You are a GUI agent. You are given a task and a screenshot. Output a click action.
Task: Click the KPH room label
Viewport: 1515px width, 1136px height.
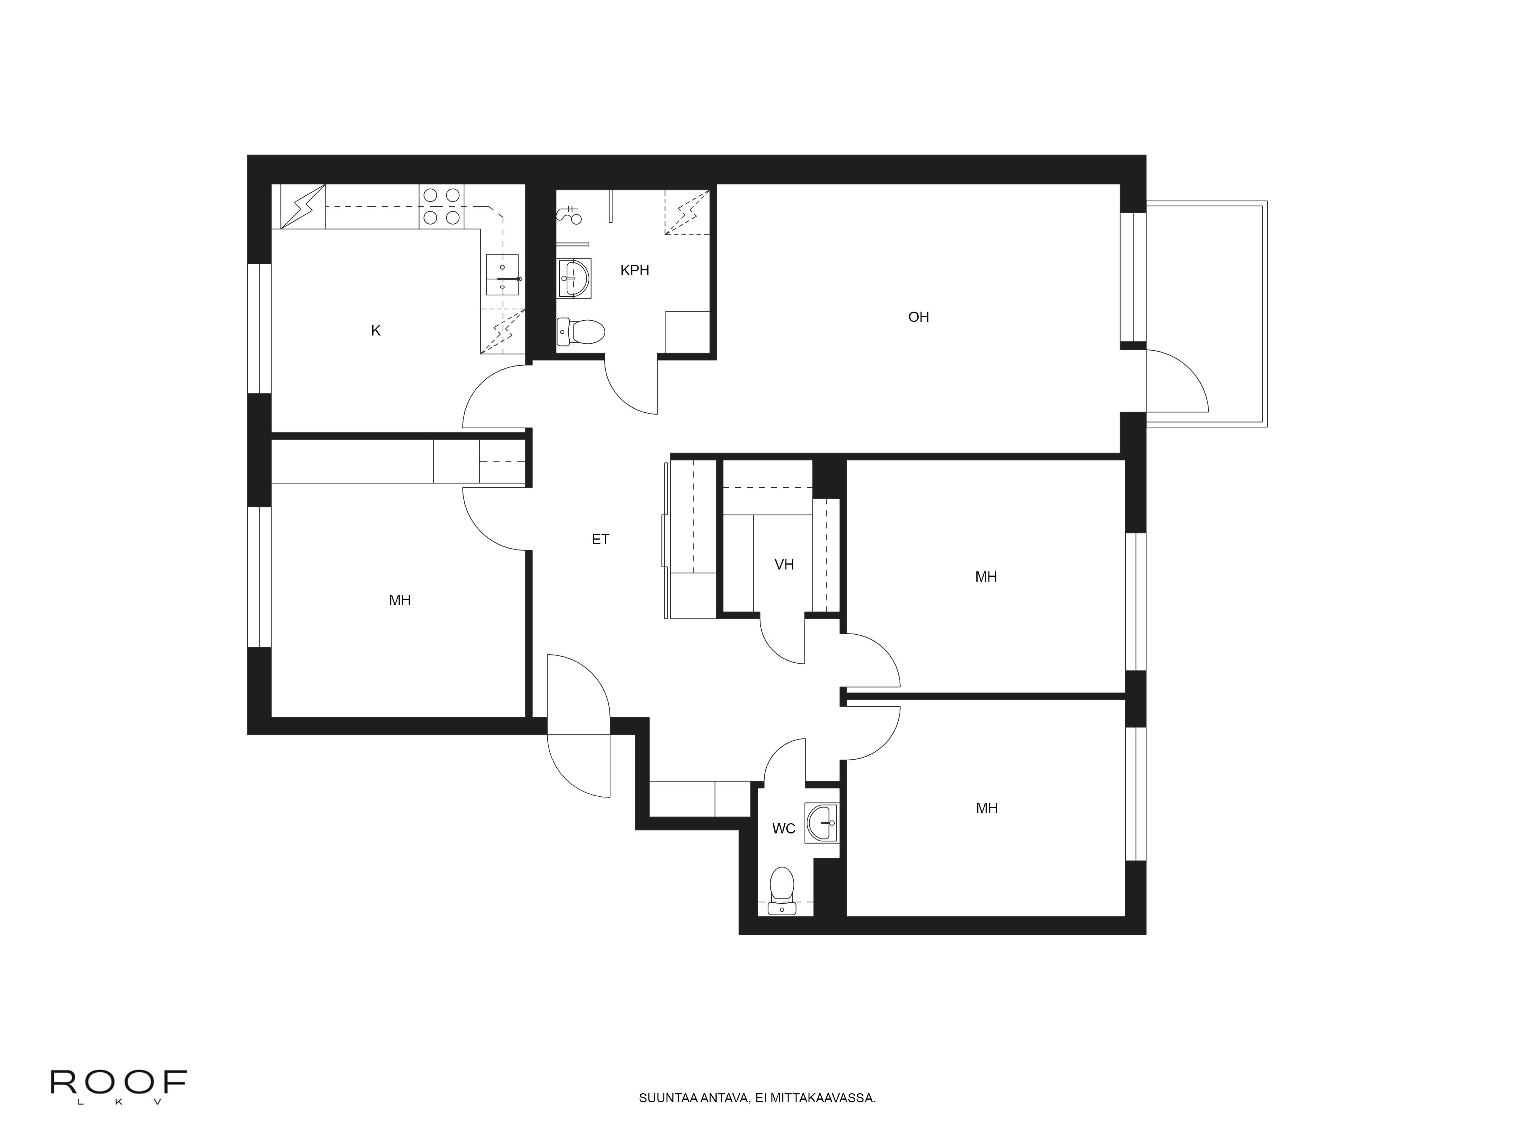[x=634, y=270]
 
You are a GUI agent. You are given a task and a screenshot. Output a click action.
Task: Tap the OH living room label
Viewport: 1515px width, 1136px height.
[x=918, y=317]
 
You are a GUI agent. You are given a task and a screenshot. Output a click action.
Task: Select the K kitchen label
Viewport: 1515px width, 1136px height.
[x=375, y=331]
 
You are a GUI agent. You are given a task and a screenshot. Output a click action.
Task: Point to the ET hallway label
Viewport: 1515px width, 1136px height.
[x=600, y=540]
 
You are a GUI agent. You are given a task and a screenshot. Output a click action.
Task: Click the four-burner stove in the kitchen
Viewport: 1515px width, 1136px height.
[x=441, y=206]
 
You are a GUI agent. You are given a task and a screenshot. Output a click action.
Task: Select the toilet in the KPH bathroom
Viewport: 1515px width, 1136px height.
[x=581, y=332]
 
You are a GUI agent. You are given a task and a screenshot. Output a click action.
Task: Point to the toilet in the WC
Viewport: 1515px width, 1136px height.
[x=781, y=888]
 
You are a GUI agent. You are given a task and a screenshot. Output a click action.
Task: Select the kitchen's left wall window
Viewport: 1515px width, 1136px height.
[x=259, y=329]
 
